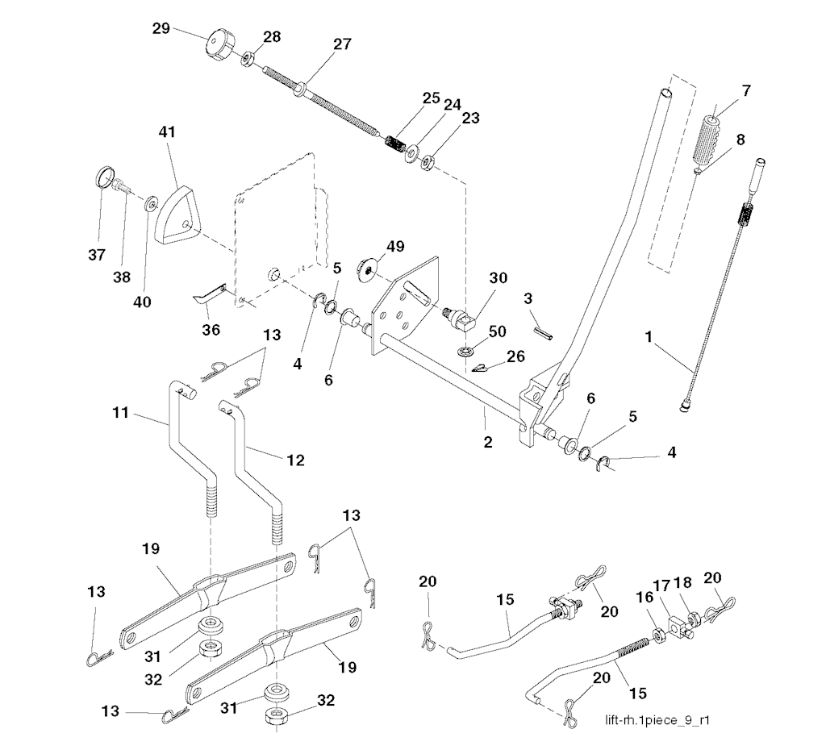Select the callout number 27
[x=342, y=44]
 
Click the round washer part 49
[x=372, y=268]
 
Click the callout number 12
[x=294, y=460]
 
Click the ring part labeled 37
[x=106, y=177]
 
